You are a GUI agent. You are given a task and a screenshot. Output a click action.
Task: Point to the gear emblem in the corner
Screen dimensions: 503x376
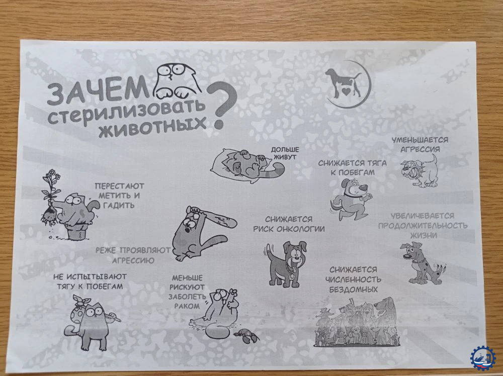click(x=482, y=358)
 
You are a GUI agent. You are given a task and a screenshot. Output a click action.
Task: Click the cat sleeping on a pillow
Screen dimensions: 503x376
click(x=247, y=165)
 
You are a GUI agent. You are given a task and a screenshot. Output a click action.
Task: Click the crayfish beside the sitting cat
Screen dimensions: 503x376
click(x=246, y=335)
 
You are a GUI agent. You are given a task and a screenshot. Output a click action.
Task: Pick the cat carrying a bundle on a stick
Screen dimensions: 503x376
click(x=90, y=322)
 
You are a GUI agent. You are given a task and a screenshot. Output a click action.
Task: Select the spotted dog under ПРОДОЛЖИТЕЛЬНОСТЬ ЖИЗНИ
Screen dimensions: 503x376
click(x=422, y=263)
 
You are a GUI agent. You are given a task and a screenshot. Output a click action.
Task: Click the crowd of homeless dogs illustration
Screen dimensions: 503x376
click(x=357, y=322)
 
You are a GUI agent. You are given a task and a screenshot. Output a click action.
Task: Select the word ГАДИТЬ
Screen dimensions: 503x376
click(x=119, y=206)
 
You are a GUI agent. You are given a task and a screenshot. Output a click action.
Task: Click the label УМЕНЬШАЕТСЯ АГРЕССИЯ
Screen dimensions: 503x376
click(x=420, y=145)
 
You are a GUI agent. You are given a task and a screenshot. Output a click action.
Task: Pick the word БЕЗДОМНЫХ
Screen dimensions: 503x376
click(x=353, y=290)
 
